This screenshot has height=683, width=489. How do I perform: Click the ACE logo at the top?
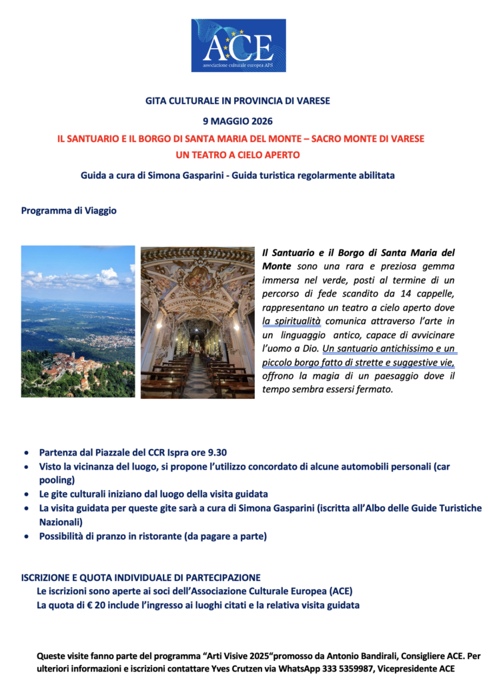238,45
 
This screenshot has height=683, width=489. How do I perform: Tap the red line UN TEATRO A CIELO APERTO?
238,155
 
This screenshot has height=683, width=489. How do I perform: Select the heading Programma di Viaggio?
69,210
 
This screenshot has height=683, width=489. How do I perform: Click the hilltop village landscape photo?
77,321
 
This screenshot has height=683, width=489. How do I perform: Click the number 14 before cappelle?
404,294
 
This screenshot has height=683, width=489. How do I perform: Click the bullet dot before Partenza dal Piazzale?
25,453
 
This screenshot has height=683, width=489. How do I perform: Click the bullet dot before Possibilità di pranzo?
25,536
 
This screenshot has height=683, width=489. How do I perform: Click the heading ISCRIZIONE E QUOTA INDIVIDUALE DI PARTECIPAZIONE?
141,578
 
